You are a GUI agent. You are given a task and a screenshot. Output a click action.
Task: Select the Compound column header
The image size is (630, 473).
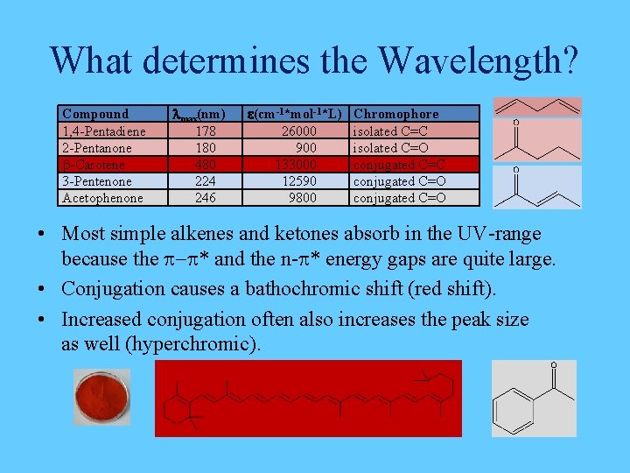(x=95, y=114)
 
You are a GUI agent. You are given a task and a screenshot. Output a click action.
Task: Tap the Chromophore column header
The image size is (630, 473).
(x=395, y=114)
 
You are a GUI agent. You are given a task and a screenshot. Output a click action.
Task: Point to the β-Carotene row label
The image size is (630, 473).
(x=94, y=165)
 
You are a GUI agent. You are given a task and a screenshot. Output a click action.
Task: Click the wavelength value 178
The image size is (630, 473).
(x=206, y=131)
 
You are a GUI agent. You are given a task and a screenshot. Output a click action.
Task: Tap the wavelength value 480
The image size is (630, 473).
(x=206, y=165)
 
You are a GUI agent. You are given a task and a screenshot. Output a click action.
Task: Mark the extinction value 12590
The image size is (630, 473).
(x=296, y=181)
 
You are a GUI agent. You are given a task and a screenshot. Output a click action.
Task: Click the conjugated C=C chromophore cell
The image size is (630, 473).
(x=399, y=165)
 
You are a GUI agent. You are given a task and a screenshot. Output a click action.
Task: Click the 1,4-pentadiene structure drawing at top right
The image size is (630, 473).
(x=536, y=107)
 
